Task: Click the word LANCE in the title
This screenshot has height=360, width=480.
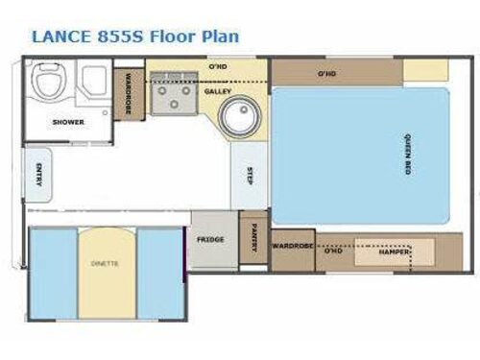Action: (x=64, y=36)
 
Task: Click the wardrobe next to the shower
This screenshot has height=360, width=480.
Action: (x=123, y=94)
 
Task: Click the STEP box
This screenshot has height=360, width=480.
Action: (x=250, y=175)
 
